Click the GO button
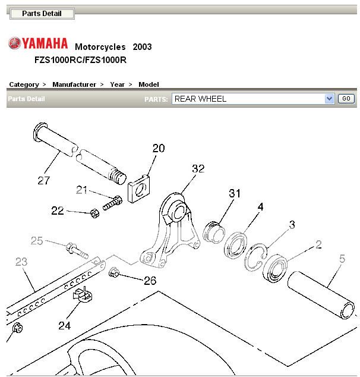pos(346,99)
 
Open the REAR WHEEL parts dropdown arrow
pos(330,99)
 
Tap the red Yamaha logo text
pos(39,43)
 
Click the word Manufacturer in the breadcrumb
pos(74,84)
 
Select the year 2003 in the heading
pos(142,46)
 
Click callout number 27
pos(43,180)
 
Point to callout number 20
pos(159,149)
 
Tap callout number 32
pos(198,169)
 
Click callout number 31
pos(236,193)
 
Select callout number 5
pos(342,259)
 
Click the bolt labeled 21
pos(112,204)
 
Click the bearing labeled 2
pos(277,267)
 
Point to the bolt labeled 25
pos(76,249)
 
